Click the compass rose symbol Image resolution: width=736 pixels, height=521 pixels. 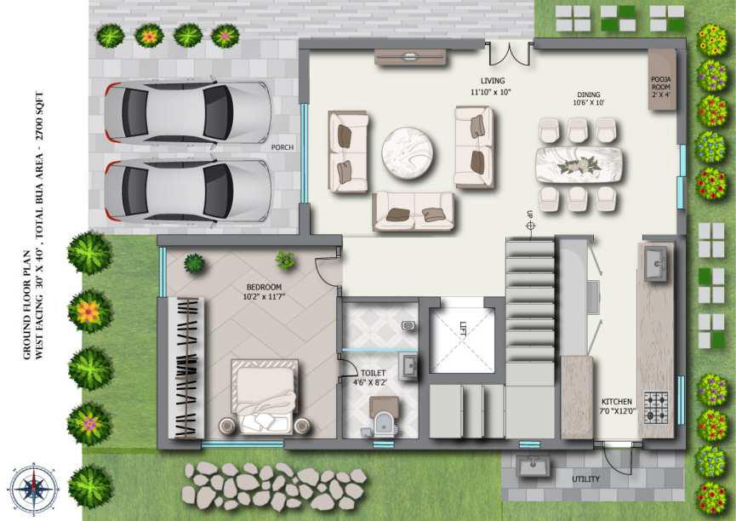(x=34, y=489)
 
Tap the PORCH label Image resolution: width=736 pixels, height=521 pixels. (x=282, y=147)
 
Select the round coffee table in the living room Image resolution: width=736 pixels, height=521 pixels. (x=408, y=152)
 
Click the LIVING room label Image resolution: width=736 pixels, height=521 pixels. (x=493, y=81)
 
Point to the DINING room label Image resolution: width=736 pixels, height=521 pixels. (x=589, y=94)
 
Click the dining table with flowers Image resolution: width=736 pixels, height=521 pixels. (x=579, y=165)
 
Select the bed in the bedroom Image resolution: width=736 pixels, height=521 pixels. (x=265, y=396)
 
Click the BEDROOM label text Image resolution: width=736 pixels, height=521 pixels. (x=264, y=287)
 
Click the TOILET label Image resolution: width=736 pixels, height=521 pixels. (x=374, y=373)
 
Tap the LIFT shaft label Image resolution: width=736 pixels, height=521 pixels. (x=463, y=328)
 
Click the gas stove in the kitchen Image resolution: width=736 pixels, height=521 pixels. (x=656, y=407)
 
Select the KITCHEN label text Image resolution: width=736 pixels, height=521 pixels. (x=617, y=402)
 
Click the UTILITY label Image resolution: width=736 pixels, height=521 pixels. (x=585, y=479)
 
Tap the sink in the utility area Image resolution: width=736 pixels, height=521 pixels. (x=533, y=466)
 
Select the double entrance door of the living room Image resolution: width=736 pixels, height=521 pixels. (x=509, y=53)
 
